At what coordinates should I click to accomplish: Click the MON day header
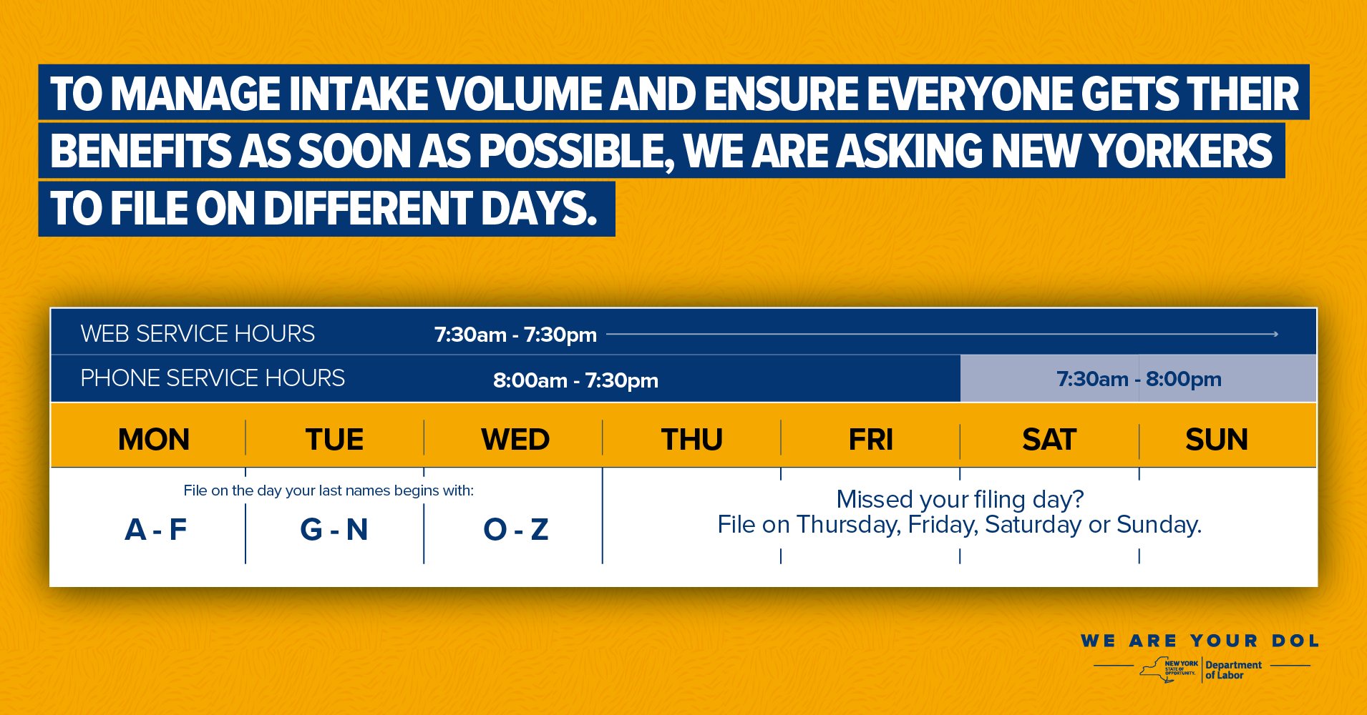[154, 439]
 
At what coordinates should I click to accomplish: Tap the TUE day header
[334, 439]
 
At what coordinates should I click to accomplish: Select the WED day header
[515, 439]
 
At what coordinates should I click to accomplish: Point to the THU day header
[691, 439]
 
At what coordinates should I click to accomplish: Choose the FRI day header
[870, 439]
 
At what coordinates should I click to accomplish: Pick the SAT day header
[1049, 439]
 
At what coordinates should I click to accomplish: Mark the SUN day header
[1217, 439]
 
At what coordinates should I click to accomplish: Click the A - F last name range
[156, 530]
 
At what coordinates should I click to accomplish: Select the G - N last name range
[334, 530]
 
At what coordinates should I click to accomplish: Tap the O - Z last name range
[516, 530]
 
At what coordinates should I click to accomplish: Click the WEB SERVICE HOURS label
[198, 334]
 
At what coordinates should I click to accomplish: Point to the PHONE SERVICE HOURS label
[213, 378]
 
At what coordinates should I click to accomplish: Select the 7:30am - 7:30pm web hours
[515, 335]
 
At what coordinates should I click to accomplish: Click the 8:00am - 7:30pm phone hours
[575, 380]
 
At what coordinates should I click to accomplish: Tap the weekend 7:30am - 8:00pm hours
[1139, 379]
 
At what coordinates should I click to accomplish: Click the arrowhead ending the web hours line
[1275, 334]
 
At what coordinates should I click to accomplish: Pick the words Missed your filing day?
[960, 499]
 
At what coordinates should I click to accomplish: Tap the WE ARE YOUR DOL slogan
[1200, 641]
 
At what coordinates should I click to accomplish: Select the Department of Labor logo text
[1233, 670]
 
